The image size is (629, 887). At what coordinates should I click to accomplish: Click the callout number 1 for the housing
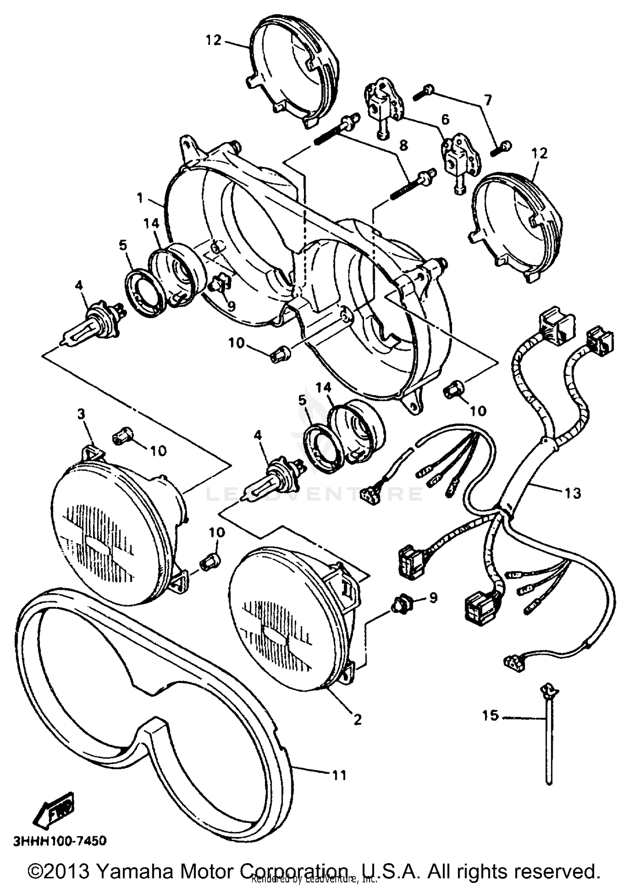click(x=140, y=197)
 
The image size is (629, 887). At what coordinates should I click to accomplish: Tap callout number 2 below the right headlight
click(x=357, y=720)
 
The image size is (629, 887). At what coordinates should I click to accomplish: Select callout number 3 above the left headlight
click(x=81, y=414)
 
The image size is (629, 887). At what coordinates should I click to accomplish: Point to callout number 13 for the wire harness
click(x=573, y=493)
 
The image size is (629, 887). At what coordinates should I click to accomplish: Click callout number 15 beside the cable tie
click(x=489, y=715)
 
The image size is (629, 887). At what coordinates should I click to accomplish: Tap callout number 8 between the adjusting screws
click(x=403, y=145)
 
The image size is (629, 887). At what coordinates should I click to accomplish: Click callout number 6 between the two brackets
click(x=445, y=119)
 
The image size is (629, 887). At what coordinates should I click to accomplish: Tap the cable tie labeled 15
click(x=548, y=738)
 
